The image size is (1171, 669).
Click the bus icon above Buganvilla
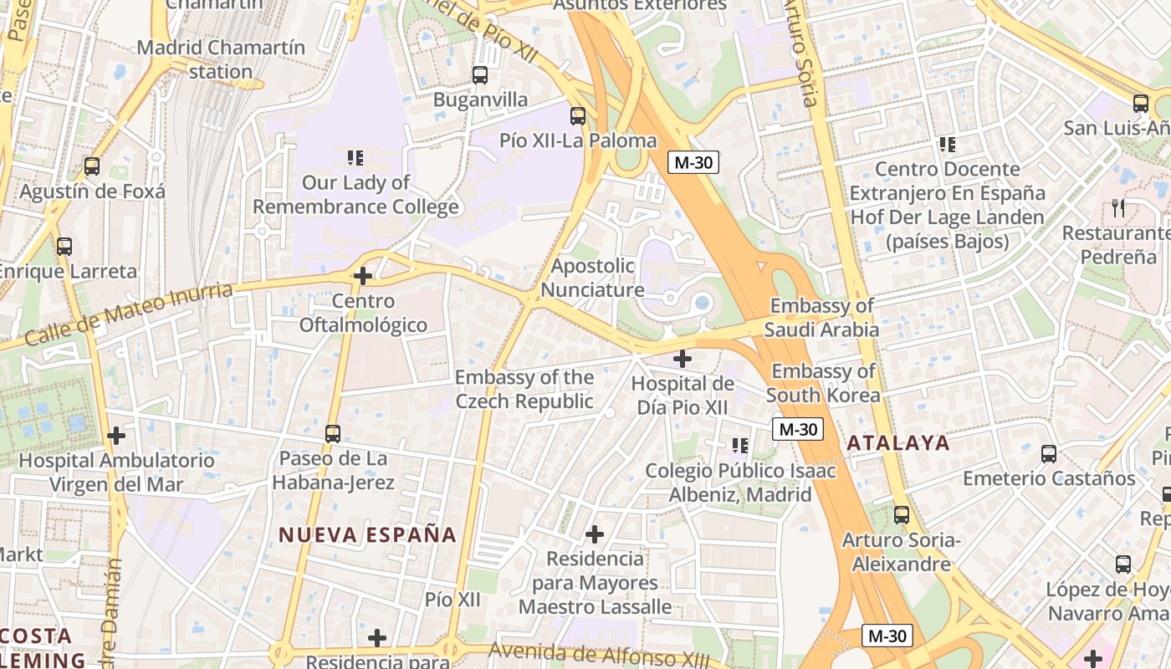[x=480, y=75]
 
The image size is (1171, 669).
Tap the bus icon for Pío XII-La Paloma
[x=578, y=116]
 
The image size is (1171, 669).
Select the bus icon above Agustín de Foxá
[x=92, y=166]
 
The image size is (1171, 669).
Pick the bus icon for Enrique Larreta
[x=64, y=247]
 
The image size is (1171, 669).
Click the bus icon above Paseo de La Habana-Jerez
[x=333, y=434]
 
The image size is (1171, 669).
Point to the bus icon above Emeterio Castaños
[x=1049, y=454]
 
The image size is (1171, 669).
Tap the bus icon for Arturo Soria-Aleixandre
[x=902, y=515]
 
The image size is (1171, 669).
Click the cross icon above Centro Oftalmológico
[x=363, y=275]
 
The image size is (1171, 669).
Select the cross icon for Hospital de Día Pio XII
[x=683, y=359]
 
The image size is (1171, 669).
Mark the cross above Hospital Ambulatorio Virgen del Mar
[x=116, y=436]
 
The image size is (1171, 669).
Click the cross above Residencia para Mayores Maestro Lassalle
[x=595, y=534]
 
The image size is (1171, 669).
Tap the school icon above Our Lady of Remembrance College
[x=355, y=157]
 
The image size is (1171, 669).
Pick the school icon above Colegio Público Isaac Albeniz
[x=739, y=446]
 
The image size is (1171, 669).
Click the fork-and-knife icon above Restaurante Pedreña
[x=1118, y=207]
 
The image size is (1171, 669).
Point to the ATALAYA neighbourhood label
[x=898, y=443]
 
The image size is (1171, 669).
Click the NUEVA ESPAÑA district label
[x=367, y=535]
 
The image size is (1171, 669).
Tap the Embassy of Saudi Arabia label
[x=824, y=318]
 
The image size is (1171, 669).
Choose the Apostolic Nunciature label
[x=592, y=278]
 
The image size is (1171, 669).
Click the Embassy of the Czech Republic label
[x=524, y=390]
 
